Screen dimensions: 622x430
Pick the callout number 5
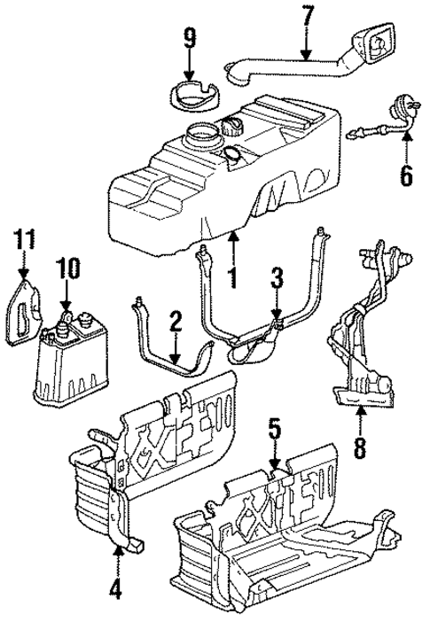click(x=276, y=433)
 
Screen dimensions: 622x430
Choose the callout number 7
click(x=307, y=16)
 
